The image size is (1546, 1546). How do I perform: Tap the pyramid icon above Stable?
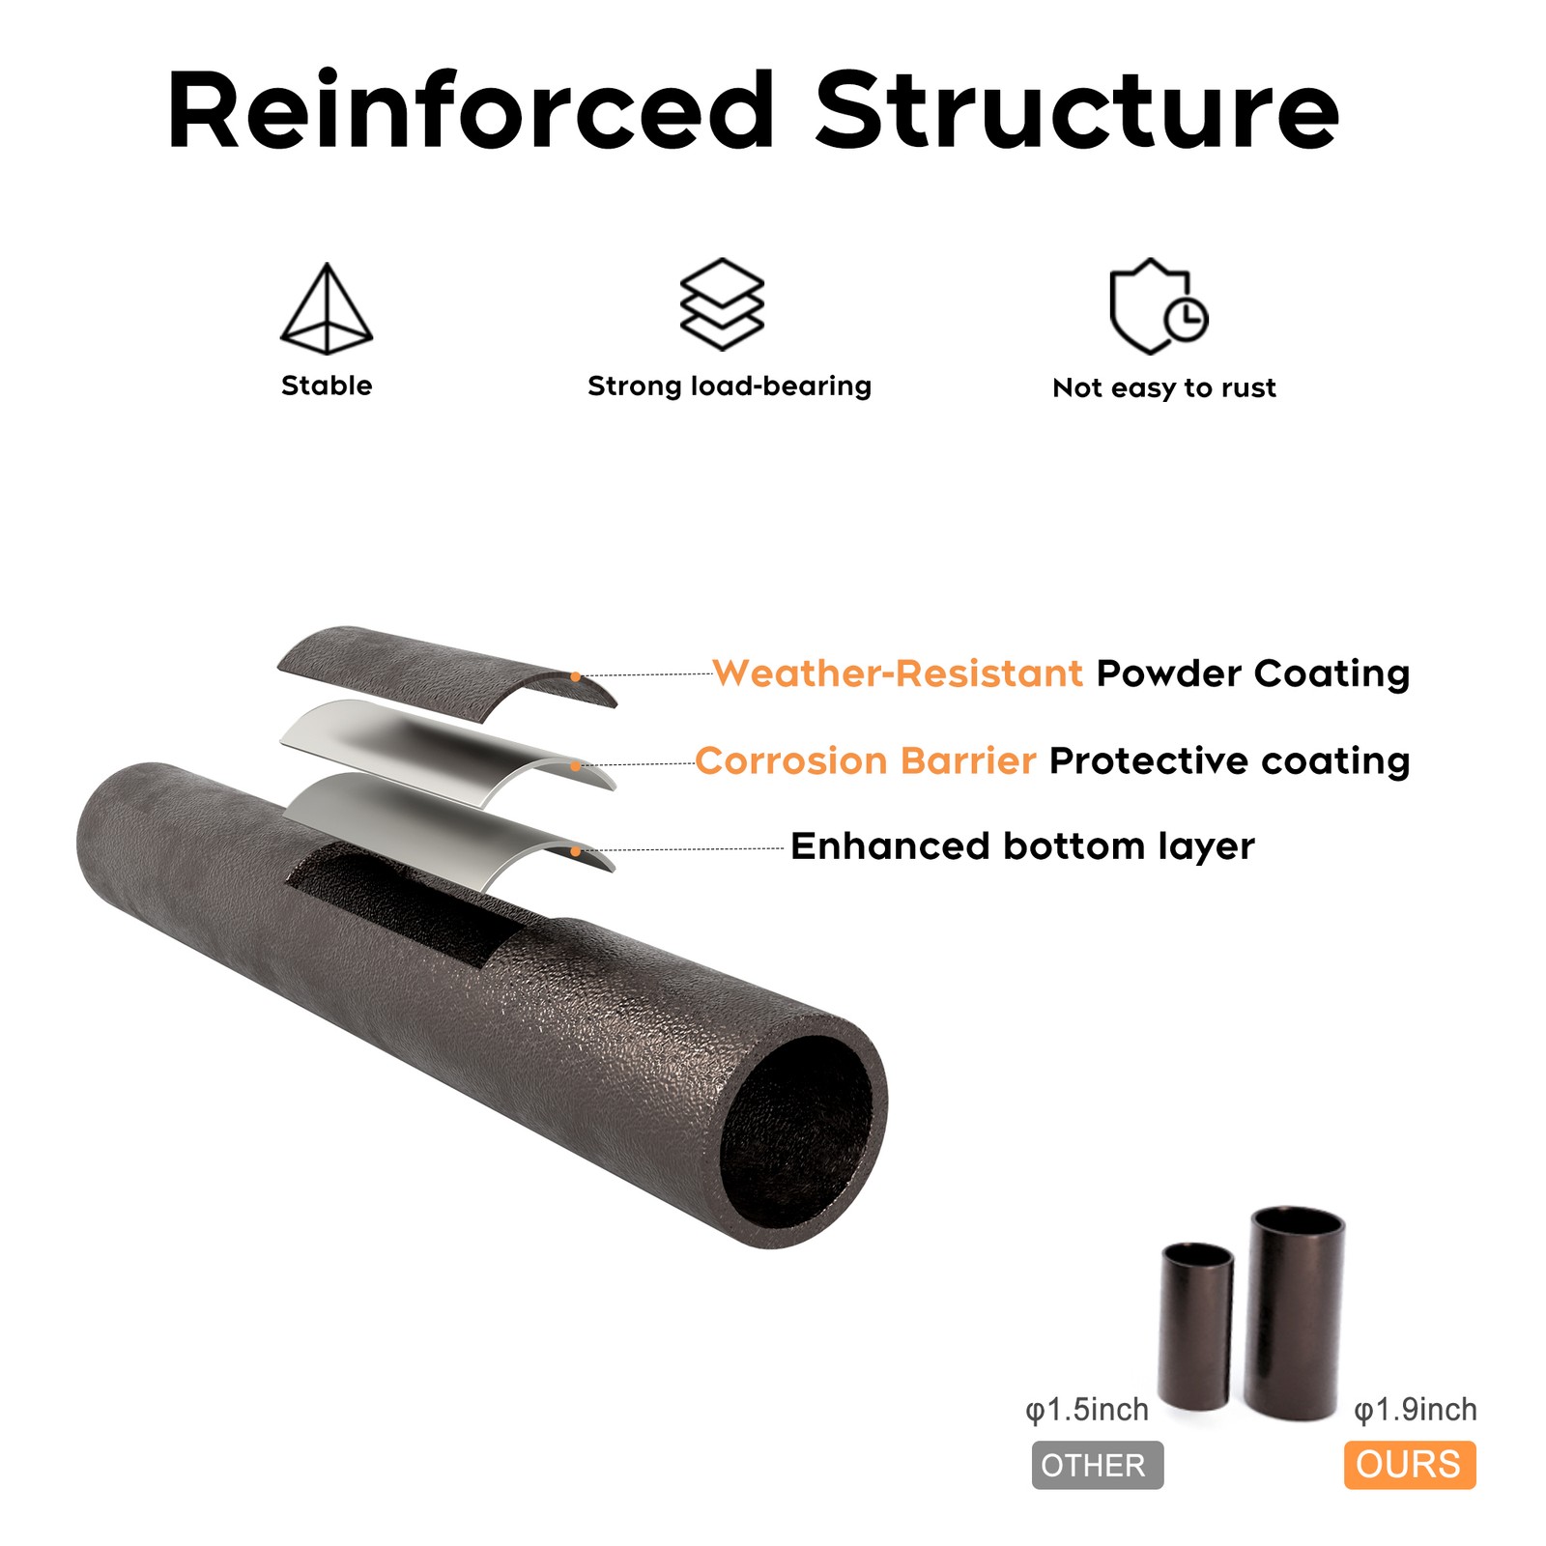pos(327,308)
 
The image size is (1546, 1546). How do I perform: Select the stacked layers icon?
pos(722,303)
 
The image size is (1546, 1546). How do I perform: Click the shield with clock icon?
pos(1159,306)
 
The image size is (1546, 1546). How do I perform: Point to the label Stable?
pos(327,386)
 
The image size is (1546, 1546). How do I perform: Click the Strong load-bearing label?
pos(730,386)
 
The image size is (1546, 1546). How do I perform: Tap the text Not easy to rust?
pos(1164,388)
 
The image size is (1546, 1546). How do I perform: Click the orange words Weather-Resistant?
pos(898,673)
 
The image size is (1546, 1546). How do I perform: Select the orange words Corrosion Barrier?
pos(866,760)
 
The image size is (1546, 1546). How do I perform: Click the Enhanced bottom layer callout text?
pos(1022,846)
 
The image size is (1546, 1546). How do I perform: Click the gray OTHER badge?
pos(1098,1465)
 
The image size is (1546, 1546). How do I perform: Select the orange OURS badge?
pos(1410,1465)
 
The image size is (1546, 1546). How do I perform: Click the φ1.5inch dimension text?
pos(1087,1410)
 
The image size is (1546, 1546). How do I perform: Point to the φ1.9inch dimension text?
pos(1416,1410)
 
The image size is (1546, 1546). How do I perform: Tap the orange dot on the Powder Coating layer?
pos(576,677)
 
